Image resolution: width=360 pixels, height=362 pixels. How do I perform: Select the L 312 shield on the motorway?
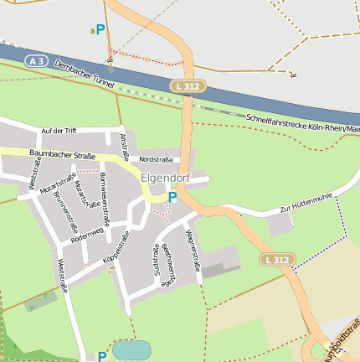tap(187, 86)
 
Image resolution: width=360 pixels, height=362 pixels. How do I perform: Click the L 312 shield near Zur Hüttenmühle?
tap(275, 261)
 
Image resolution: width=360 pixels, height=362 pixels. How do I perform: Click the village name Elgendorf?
tap(166, 178)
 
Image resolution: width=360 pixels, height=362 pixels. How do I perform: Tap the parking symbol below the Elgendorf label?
tap(172, 198)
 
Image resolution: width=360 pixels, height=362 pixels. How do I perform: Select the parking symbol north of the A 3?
tap(100, 30)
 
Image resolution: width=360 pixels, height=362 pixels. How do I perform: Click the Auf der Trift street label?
tap(59, 131)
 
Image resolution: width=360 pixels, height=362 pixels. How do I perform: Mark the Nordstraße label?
tap(156, 158)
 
